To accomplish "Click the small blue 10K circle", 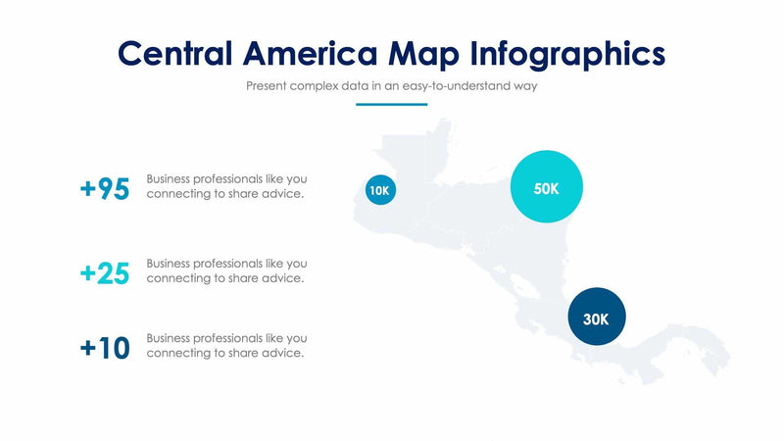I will pyautogui.click(x=380, y=190).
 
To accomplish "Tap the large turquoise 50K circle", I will pyautogui.click(x=547, y=188).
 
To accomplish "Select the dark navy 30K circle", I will pyautogui.click(x=596, y=318).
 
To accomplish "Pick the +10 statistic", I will pyautogui.click(x=105, y=349).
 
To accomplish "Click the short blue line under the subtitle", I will pyautogui.click(x=391, y=105).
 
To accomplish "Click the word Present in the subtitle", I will pyautogui.click(x=266, y=86).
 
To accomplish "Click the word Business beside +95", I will pyautogui.click(x=170, y=179).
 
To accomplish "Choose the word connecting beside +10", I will pyautogui.click(x=178, y=353).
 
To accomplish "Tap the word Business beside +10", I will pyautogui.click(x=170, y=338).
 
